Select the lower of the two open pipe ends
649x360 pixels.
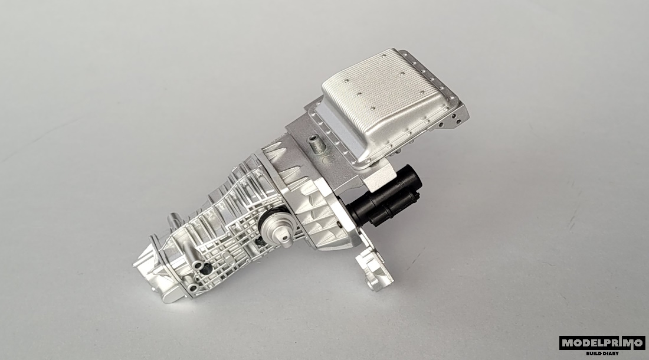point(192,287)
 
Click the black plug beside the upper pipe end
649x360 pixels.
point(207,269)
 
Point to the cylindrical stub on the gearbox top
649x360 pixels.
point(174,220)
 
